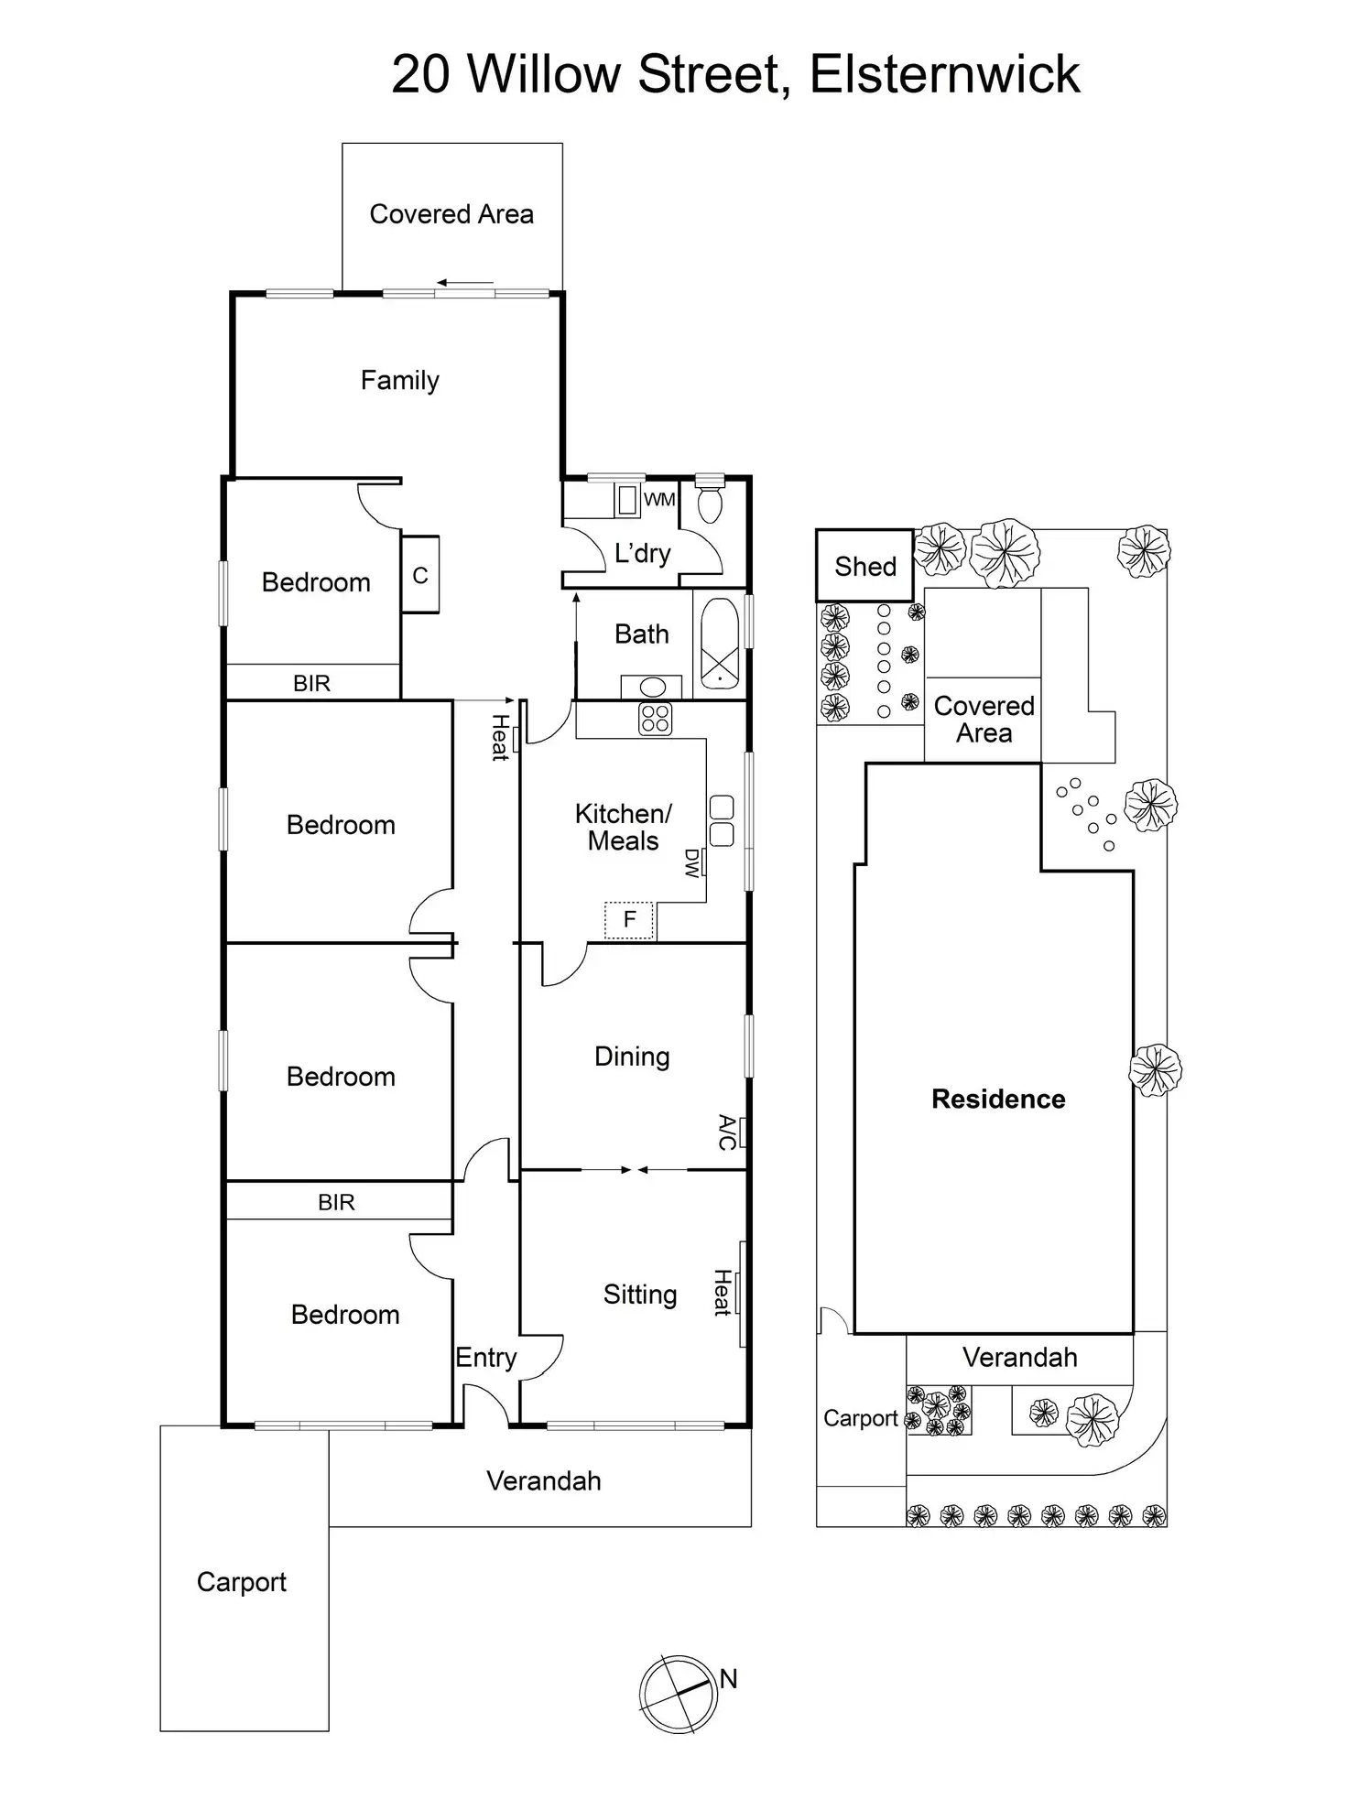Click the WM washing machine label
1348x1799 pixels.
[659, 500]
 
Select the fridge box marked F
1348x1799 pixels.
[629, 920]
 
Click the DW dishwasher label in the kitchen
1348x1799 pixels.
[692, 862]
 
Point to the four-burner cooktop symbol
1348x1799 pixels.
[655, 719]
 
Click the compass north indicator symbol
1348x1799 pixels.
[677, 1694]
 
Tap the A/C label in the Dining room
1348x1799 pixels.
[727, 1133]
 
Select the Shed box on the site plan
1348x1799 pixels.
[864, 566]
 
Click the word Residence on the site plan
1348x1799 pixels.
[998, 1099]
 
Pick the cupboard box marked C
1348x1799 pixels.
[420, 575]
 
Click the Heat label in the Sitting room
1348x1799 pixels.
[723, 1293]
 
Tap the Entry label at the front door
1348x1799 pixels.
[486, 1358]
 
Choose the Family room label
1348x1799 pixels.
[399, 380]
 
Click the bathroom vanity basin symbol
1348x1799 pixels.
[652, 688]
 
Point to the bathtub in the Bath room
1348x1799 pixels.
[720, 644]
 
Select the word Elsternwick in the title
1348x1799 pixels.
[944, 74]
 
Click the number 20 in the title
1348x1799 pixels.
[420, 74]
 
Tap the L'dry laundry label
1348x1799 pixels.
[642, 553]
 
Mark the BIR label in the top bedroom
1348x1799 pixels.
[311, 683]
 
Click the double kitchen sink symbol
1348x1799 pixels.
[722, 821]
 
